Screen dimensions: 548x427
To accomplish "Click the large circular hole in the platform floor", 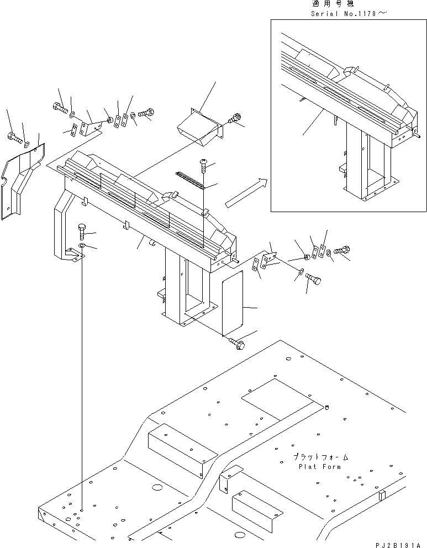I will (156, 488).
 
